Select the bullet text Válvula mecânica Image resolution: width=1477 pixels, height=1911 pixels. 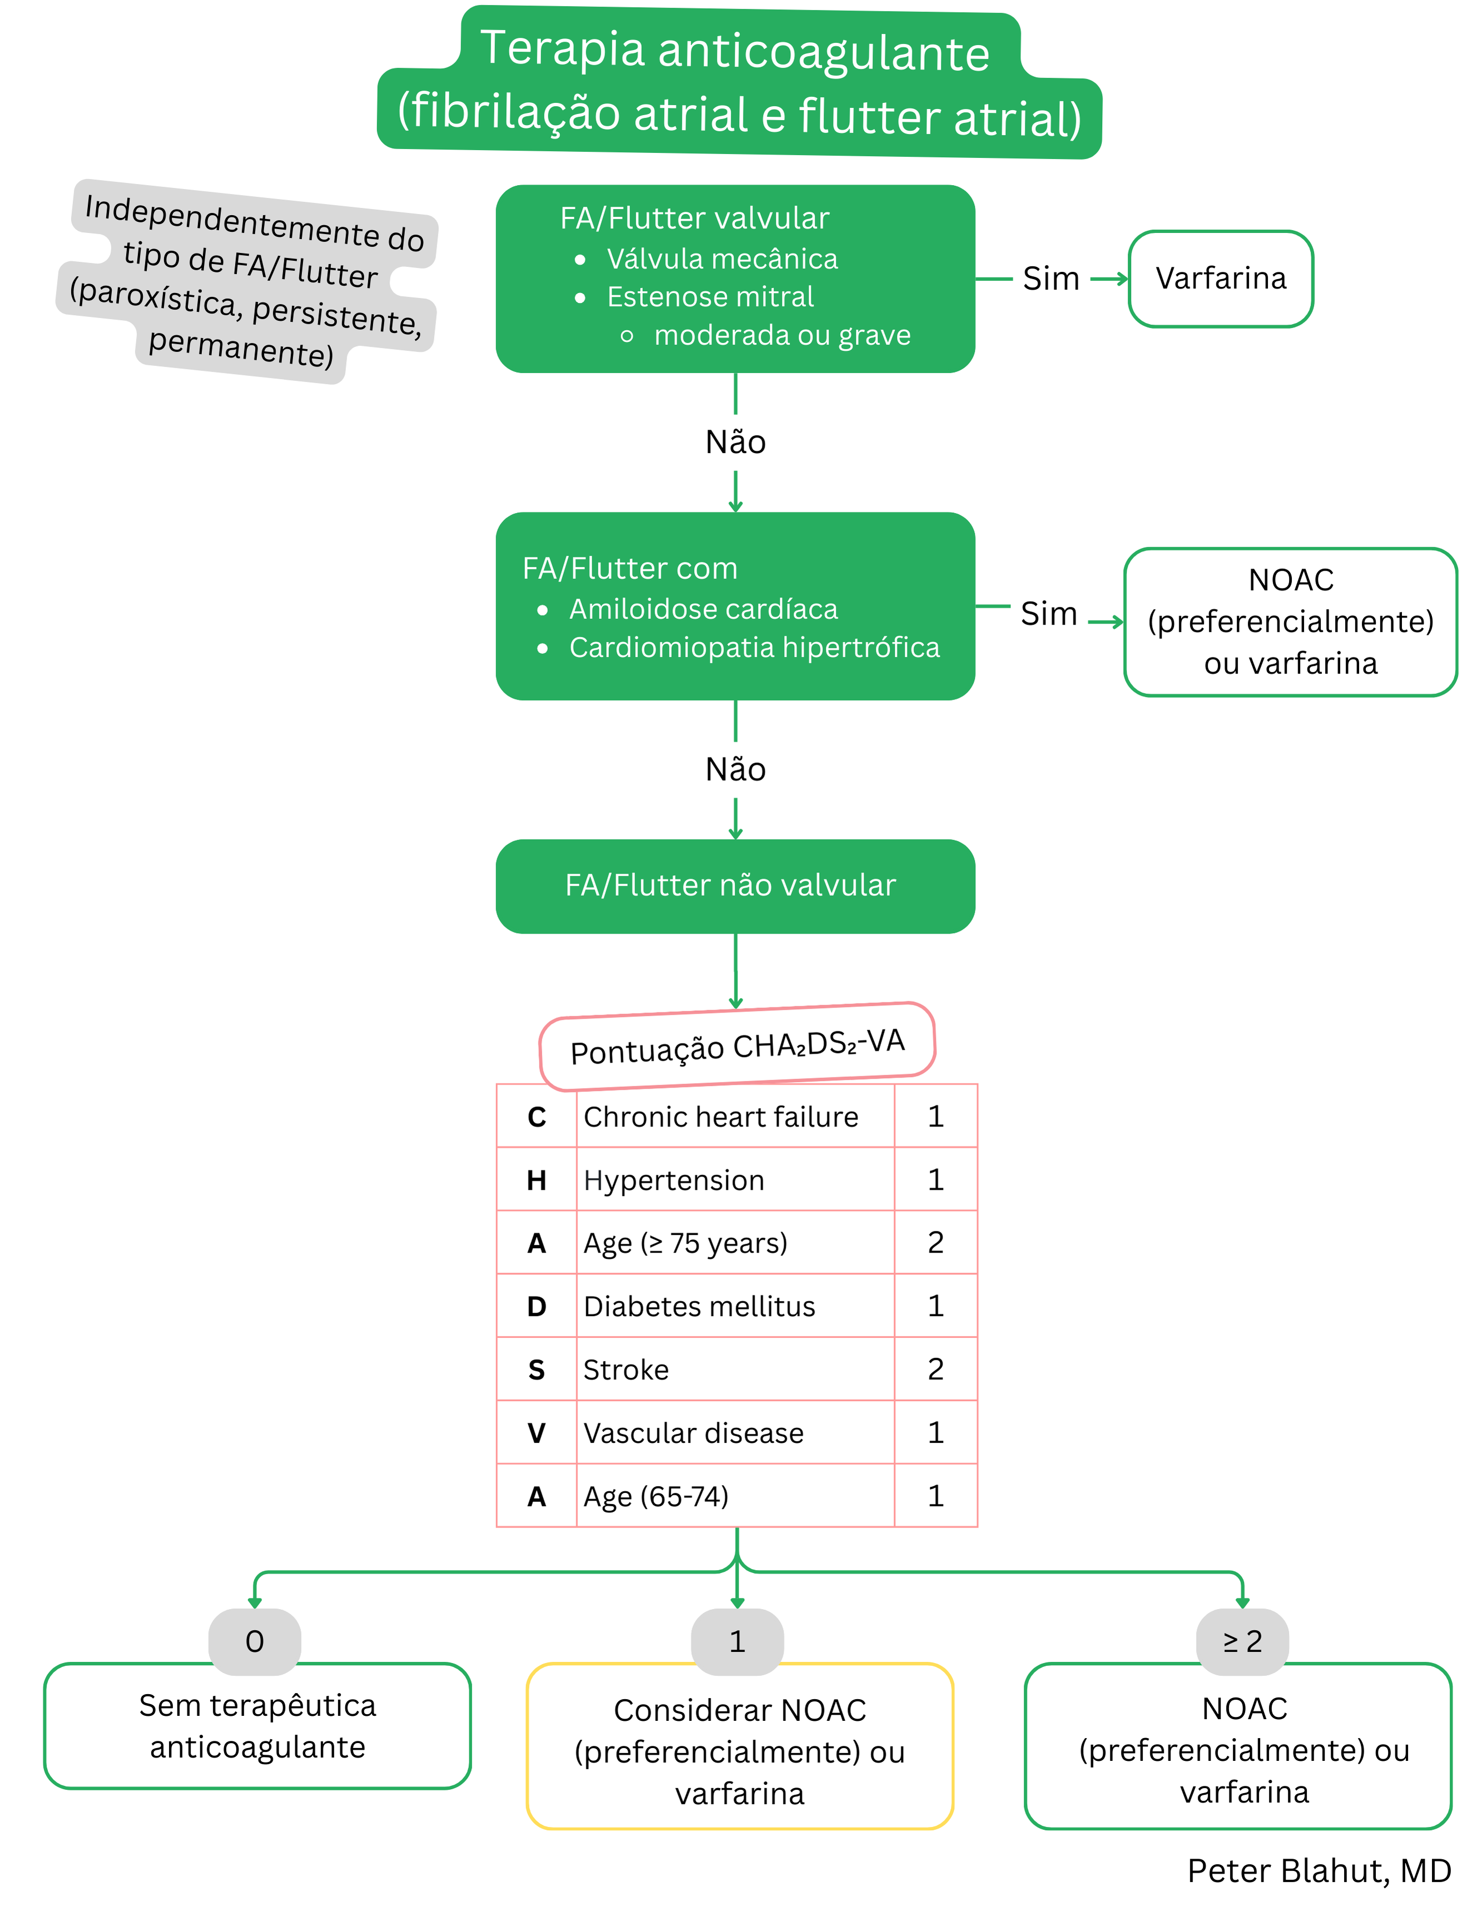(721, 259)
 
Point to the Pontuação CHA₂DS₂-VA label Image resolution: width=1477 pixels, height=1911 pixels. (737, 1046)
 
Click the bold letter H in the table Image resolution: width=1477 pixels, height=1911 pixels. (537, 1180)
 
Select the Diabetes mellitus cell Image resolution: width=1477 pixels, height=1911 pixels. (698, 1307)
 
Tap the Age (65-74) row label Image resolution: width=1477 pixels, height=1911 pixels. (656, 1496)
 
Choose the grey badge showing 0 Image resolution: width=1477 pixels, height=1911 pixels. (255, 1641)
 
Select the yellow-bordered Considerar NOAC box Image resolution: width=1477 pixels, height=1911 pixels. (740, 1752)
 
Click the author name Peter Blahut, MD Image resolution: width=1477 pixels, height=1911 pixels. (1318, 1871)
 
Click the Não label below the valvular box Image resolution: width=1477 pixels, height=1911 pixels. (735, 443)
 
